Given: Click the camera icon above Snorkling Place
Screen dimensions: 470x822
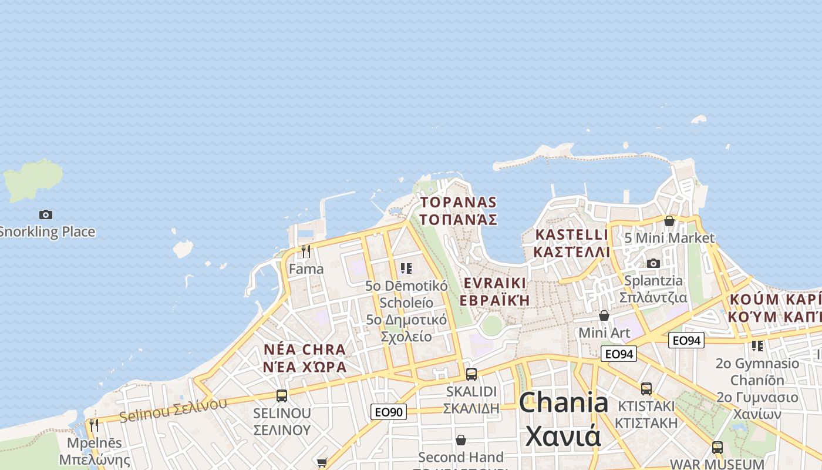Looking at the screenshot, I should [x=46, y=214].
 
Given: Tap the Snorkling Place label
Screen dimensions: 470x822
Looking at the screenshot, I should [x=47, y=231].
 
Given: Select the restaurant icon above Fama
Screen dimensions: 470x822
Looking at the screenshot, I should [x=305, y=251].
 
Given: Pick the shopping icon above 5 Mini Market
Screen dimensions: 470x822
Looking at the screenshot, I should [x=669, y=221].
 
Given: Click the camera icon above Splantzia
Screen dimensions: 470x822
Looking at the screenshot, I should [x=653, y=263].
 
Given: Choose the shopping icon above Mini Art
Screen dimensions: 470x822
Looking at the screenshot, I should [x=604, y=315].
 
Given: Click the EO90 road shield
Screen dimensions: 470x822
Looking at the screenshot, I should [x=389, y=412].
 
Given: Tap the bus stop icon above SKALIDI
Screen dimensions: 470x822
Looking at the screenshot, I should [x=471, y=374].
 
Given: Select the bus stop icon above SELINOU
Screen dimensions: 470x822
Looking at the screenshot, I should [x=282, y=395].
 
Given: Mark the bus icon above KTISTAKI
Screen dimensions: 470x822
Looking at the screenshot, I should [x=646, y=388].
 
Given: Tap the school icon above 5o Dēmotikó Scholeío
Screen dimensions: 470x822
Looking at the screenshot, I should [x=406, y=268].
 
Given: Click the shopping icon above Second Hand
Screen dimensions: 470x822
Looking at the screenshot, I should [x=461, y=439].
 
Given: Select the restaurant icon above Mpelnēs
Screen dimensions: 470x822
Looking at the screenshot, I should [x=94, y=425].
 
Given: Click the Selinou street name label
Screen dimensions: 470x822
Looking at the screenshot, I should [x=173, y=409].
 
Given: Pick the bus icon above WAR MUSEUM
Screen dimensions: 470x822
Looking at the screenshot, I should [x=717, y=447].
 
